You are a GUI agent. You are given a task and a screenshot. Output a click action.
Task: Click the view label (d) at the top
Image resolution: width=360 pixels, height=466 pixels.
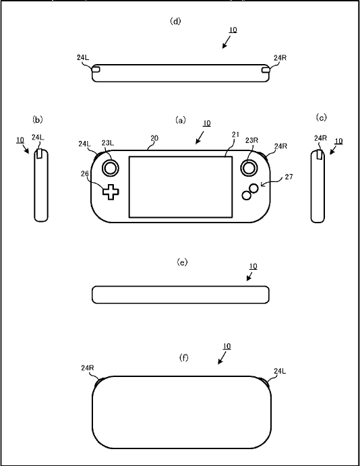point(176,21)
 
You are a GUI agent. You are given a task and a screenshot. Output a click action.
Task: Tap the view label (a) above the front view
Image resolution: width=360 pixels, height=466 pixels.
point(180,120)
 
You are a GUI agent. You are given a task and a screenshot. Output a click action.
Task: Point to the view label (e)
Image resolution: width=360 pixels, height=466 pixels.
point(181,262)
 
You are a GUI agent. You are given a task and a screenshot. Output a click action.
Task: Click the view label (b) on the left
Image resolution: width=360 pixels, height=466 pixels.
point(38,119)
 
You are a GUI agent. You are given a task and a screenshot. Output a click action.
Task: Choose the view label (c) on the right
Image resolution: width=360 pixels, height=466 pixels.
point(322,117)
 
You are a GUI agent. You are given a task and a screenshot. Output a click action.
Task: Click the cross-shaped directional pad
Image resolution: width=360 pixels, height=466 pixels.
point(111,192)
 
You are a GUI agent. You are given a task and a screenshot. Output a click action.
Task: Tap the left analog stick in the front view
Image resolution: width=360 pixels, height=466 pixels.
point(110,166)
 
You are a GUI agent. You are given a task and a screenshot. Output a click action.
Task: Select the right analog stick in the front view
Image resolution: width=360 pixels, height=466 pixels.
point(249,166)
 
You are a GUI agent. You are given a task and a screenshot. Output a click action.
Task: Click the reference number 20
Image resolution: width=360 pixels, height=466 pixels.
point(154,138)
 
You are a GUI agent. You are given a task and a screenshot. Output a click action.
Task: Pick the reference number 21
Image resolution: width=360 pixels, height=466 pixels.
point(235,135)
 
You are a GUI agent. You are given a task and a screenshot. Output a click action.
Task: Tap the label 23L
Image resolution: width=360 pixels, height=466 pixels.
point(108,143)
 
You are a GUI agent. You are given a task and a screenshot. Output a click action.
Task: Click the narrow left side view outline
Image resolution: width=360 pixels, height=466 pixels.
point(42,185)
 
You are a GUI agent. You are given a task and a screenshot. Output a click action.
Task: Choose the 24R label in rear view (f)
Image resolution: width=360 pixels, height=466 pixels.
point(87,368)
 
